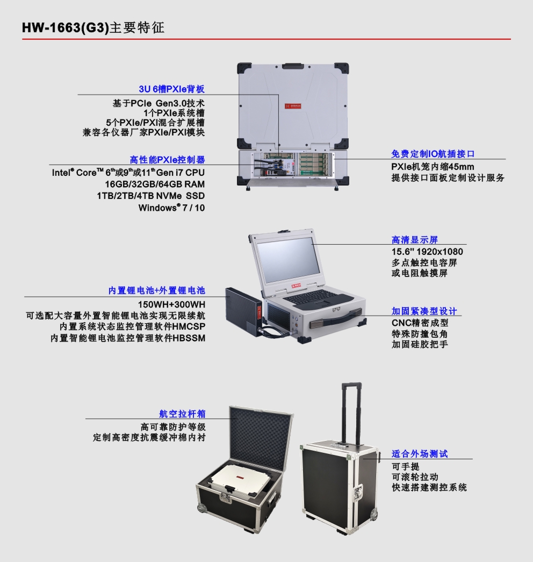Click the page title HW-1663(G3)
[65, 27]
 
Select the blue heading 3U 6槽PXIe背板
[171, 89]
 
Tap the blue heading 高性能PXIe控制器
[167, 160]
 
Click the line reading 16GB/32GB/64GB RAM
[155, 184]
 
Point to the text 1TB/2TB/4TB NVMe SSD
[151, 196]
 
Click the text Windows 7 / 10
[171, 208]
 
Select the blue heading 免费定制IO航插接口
[433, 154]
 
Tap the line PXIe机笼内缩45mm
[433, 167]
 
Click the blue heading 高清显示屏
[414, 240]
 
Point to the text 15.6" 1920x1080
[427, 252]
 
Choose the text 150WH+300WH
[171, 304]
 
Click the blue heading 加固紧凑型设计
[424, 311]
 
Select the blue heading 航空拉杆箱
[182, 414]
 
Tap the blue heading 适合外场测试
[420, 454]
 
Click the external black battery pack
[244, 311]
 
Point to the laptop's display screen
[289, 259]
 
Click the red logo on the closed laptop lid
[293, 106]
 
